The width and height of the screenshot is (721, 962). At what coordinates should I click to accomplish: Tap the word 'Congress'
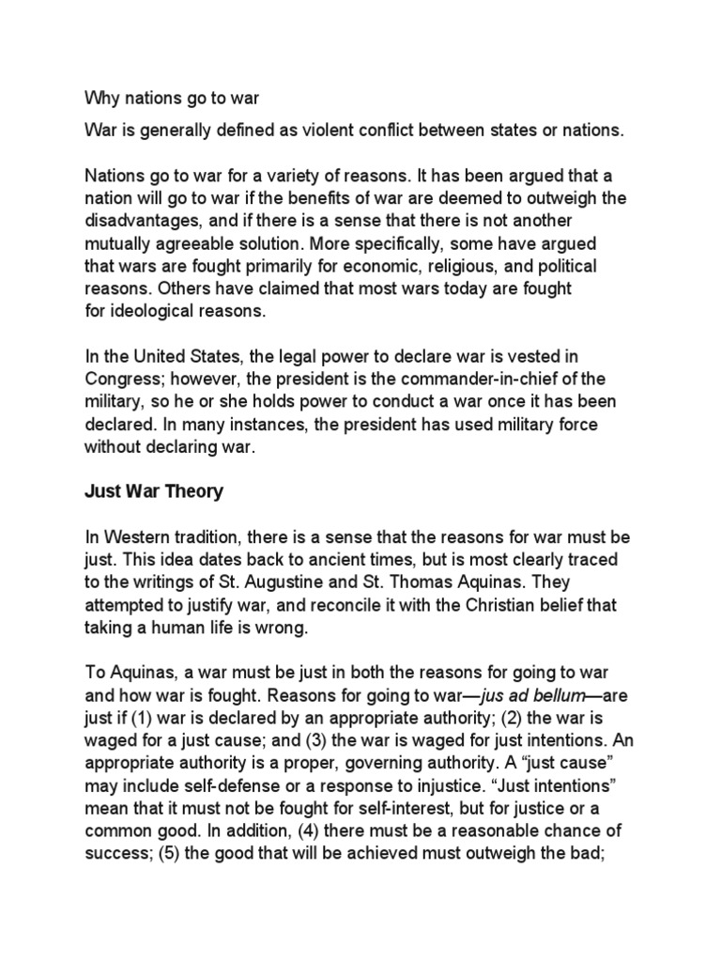point(122,378)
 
